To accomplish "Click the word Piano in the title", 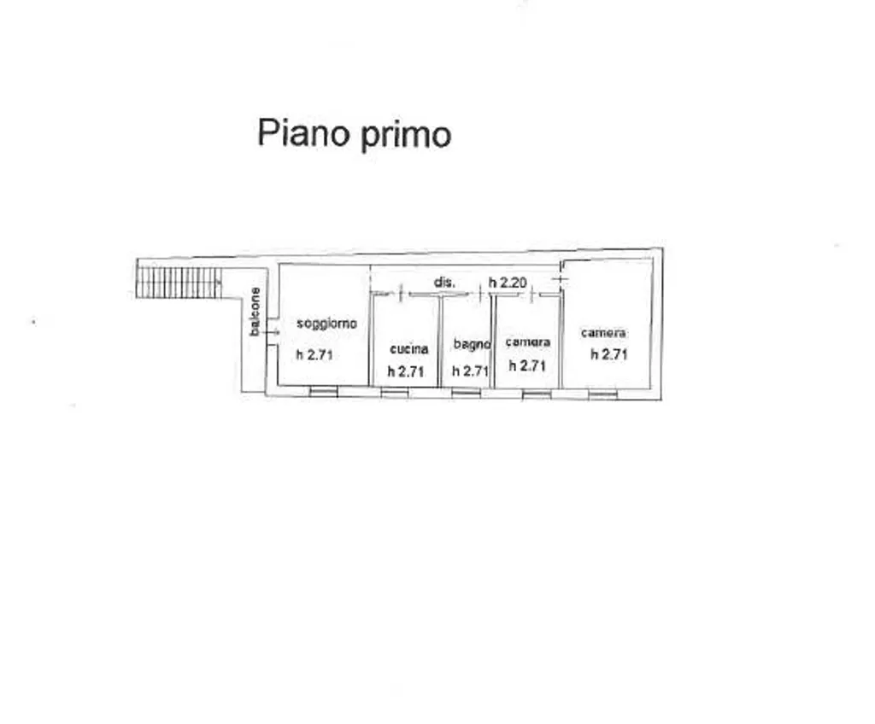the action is coord(303,132).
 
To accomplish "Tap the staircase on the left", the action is coord(179,283).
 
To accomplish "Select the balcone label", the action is coord(255,312).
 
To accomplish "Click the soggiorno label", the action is coord(326,324).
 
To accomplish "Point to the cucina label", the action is coord(409,349).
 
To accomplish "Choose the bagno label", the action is coord(472,345).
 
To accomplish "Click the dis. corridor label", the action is coord(444,283).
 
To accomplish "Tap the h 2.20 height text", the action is coord(508,283).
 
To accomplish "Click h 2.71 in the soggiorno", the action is coord(314,354).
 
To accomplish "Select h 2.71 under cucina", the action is coord(406,371).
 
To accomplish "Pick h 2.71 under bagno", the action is coord(471,371).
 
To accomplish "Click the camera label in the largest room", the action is coord(603,333).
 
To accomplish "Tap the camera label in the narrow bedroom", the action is coord(528,342).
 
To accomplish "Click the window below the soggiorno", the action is coord(324,393).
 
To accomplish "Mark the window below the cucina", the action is coord(395,394).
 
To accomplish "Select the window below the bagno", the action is coord(466,394).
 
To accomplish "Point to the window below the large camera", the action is coord(603,394).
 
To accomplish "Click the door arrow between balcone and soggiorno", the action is coord(272,332).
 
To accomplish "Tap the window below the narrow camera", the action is coord(537,394).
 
